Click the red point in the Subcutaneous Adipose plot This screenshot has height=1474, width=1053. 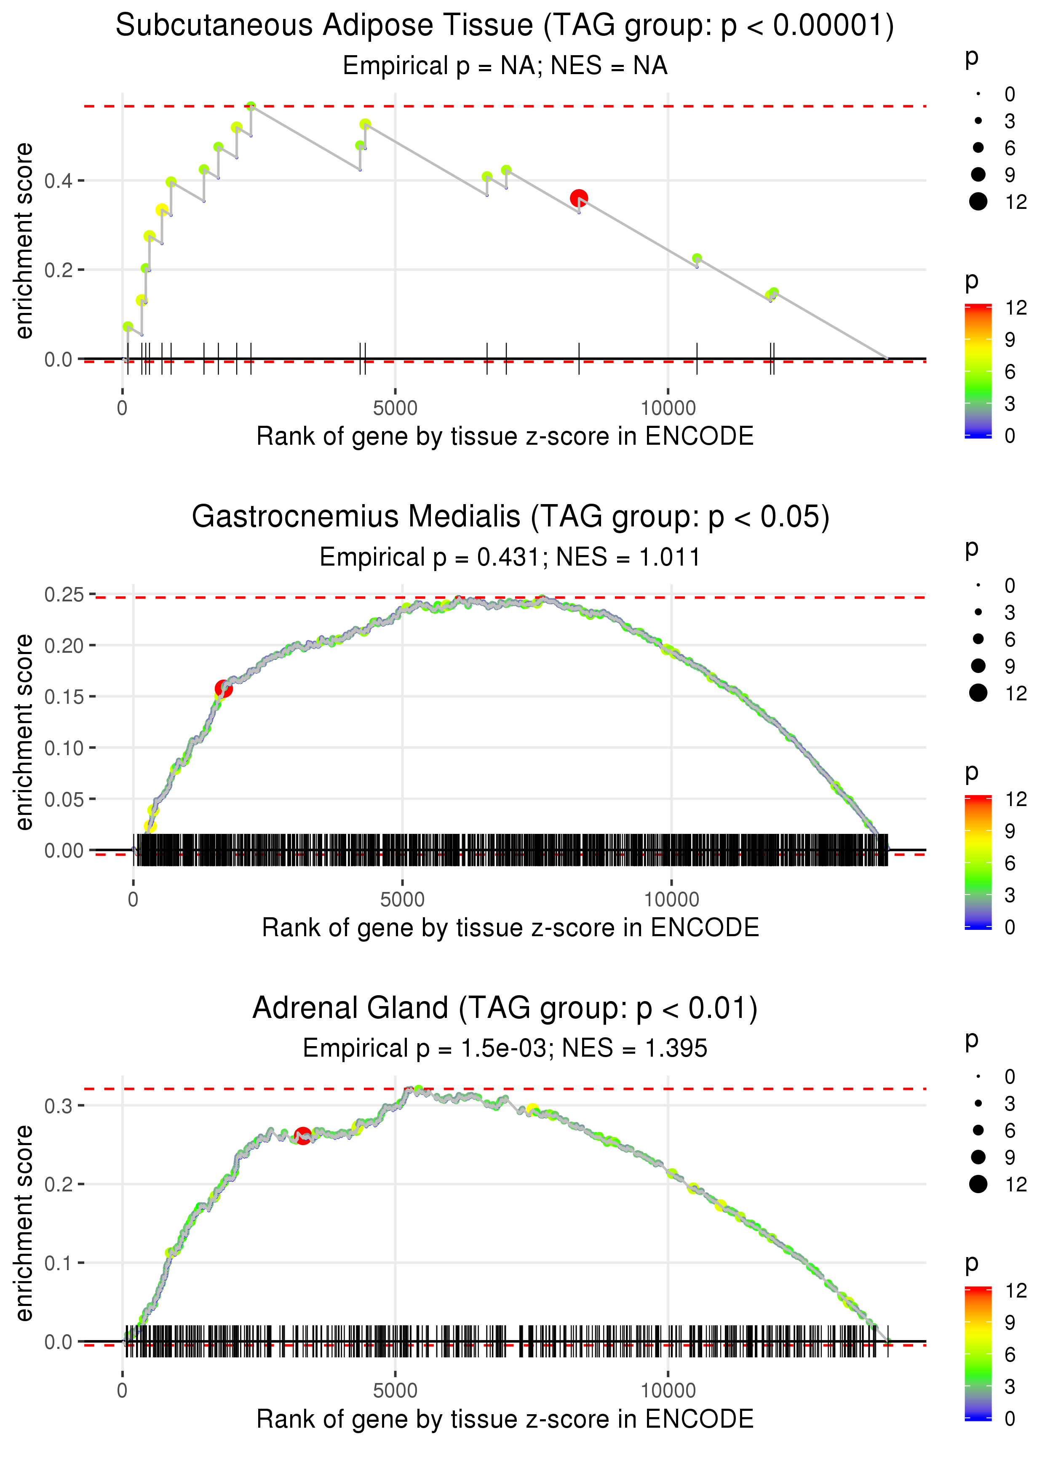click(579, 198)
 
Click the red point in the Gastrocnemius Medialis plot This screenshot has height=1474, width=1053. click(224, 689)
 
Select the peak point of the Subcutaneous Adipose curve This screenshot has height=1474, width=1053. click(251, 106)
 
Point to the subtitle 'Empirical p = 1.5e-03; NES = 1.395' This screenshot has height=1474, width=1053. click(505, 1048)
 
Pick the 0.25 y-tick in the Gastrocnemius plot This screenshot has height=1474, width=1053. click(64, 594)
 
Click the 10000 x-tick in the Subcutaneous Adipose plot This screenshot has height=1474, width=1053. click(668, 409)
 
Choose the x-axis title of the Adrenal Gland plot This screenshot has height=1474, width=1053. click(505, 1420)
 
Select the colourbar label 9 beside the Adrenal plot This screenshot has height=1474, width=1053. click(1010, 1322)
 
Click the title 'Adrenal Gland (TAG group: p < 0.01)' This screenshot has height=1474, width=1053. click(505, 1009)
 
